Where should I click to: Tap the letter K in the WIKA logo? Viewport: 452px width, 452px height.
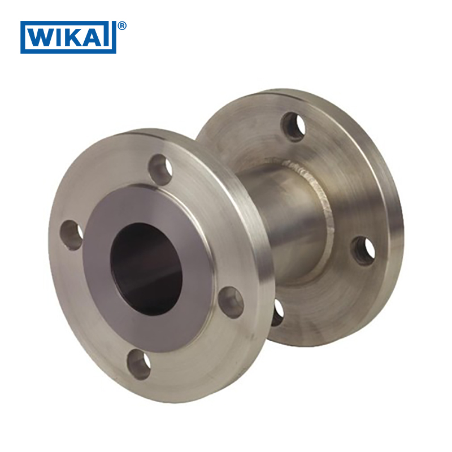click(x=76, y=37)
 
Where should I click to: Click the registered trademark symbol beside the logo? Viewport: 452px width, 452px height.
click(x=122, y=26)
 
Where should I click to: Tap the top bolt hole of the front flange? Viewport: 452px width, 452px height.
click(x=160, y=170)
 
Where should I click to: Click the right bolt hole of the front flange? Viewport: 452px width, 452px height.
click(x=231, y=302)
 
